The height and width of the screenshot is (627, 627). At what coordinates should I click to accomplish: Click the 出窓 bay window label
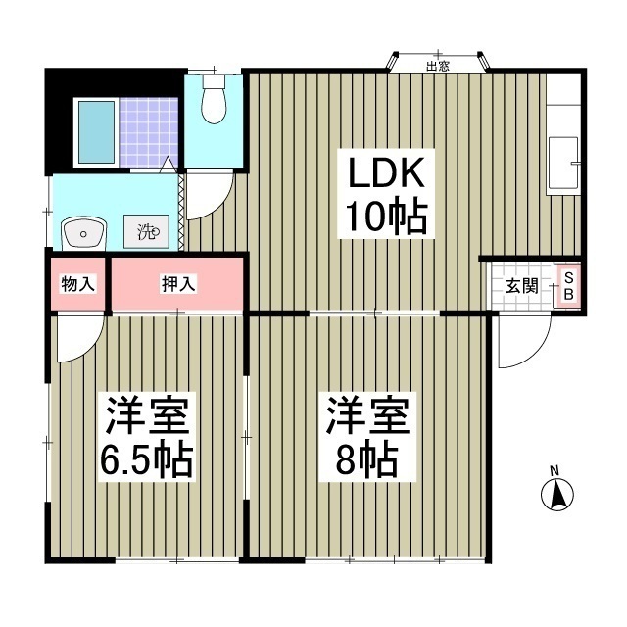tap(438, 67)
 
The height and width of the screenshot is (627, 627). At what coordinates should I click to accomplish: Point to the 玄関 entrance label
tap(520, 287)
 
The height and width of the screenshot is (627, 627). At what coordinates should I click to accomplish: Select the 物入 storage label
tap(77, 284)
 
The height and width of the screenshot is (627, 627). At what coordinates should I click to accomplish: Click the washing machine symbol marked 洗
tap(147, 233)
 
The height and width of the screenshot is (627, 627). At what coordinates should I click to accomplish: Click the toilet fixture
tap(213, 99)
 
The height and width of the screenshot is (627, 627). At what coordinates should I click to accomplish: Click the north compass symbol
tap(555, 495)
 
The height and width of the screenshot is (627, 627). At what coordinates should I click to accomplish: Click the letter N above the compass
tap(555, 470)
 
